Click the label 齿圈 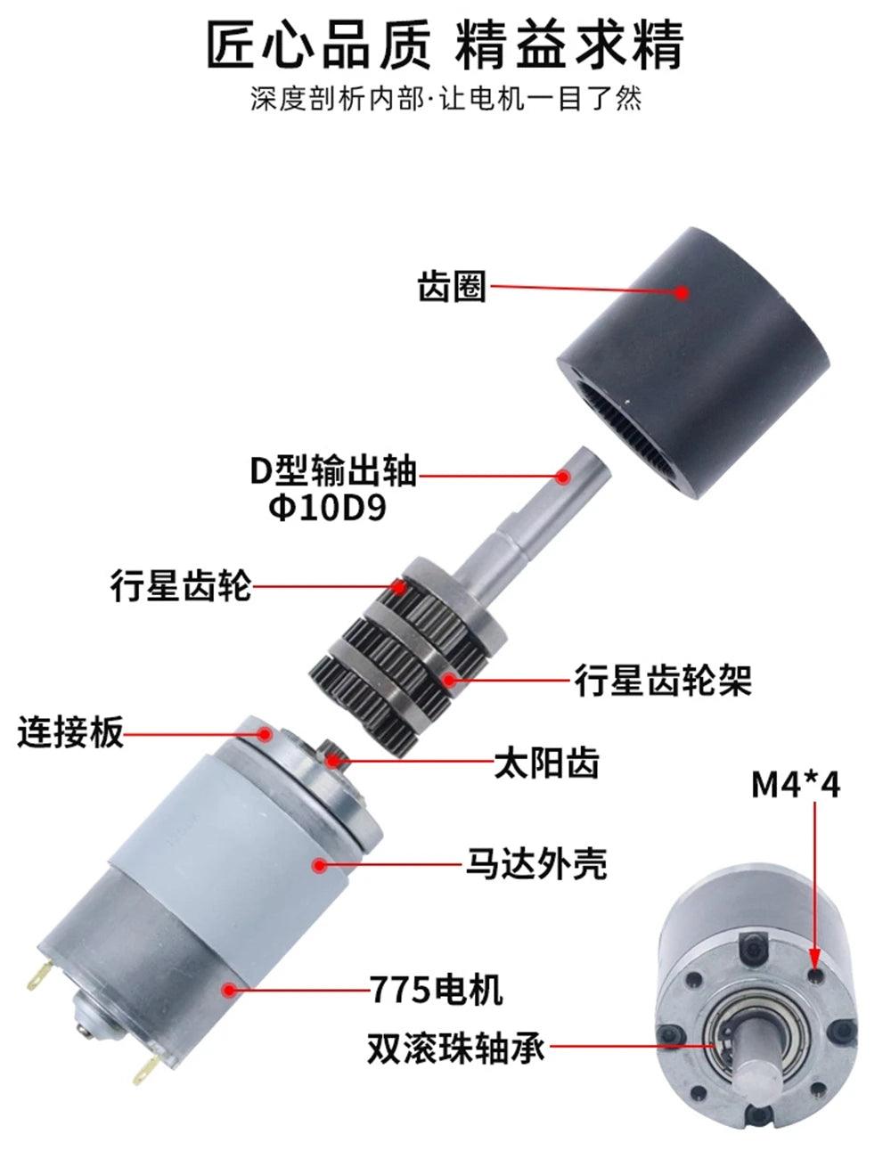[x=453, y=288]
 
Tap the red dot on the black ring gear [x=682, y=291]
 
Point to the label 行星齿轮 [x=181, y=585]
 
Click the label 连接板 [x=70, y=733]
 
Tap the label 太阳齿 [x=547, y=763]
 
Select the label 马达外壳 [x=537, y=863]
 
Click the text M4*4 [x=796, y=784]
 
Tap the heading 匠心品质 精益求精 [x=445, y=45]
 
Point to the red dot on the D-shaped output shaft [x=562, y=477]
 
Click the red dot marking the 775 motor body [x=230, y=988]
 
